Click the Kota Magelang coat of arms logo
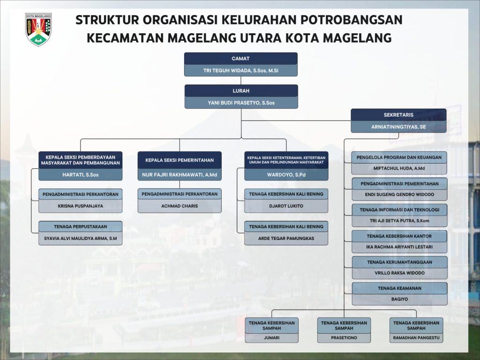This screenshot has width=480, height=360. (38, 29)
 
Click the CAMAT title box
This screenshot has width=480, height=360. (240, 59)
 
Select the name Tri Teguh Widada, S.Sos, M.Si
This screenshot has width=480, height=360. (240, 70)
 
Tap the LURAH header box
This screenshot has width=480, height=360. (241, 90)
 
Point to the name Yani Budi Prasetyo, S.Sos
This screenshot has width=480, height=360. (241, 103)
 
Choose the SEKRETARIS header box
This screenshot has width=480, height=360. (398, 115)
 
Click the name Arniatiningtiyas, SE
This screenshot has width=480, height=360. (398, 127)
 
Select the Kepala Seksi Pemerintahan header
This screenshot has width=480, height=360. (180, 160)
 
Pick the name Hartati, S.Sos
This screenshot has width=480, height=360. (80, 175)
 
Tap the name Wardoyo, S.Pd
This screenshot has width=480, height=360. (286, 175)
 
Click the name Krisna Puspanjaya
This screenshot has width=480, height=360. (80, 206)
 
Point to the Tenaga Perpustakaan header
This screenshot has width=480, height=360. (80, 226)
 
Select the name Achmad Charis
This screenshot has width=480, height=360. (180, 206)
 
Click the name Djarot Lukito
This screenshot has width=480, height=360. (286, 206)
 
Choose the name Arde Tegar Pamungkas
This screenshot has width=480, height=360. (286, 239)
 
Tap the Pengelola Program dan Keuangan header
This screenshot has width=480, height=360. (399, 157)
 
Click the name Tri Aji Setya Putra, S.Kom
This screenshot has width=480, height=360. (399, 221)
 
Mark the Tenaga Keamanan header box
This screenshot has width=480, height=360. (399, 288)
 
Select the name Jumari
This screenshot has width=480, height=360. (271, 337)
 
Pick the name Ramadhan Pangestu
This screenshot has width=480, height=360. (416, 337)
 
